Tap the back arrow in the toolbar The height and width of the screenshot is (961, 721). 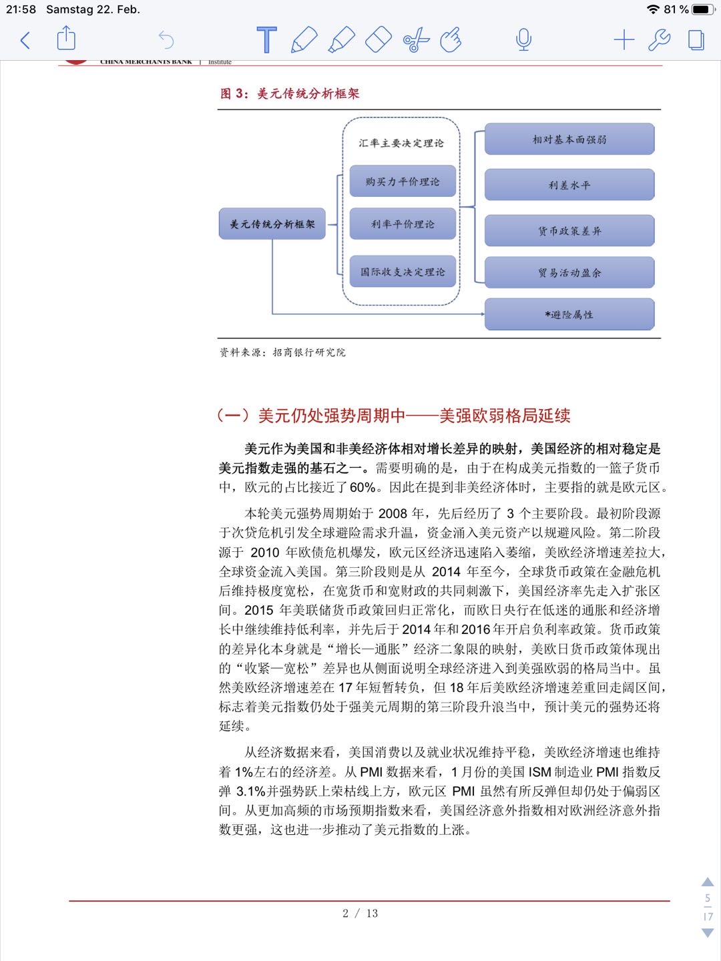point(25,41)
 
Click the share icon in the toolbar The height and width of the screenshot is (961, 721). point(66,39)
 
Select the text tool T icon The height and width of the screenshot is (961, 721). point(266,40)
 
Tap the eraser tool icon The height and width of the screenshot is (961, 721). point(378,40)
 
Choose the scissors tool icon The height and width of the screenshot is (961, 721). point(416,41)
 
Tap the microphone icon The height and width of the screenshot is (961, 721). point(524,40)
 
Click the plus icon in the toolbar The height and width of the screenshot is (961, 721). point(624,40)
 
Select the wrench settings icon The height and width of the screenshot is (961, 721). point(660,40)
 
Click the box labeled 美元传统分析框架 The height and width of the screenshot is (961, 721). point(272,224)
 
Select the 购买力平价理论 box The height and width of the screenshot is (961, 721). point(403,182)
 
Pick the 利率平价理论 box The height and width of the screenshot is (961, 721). point(403,224)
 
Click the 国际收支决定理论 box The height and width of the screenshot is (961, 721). point(403,272)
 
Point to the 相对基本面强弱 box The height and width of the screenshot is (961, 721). point(569,139)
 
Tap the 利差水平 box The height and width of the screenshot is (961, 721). point(569,185)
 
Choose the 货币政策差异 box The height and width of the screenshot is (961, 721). point(569,231)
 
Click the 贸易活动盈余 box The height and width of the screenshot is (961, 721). point(569,272)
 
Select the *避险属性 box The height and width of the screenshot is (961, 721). point(569,314)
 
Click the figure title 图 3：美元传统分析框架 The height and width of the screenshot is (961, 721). point(290,93)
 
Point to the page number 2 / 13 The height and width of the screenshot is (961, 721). point(360,913)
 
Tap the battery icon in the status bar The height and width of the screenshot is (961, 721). point(703,9)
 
